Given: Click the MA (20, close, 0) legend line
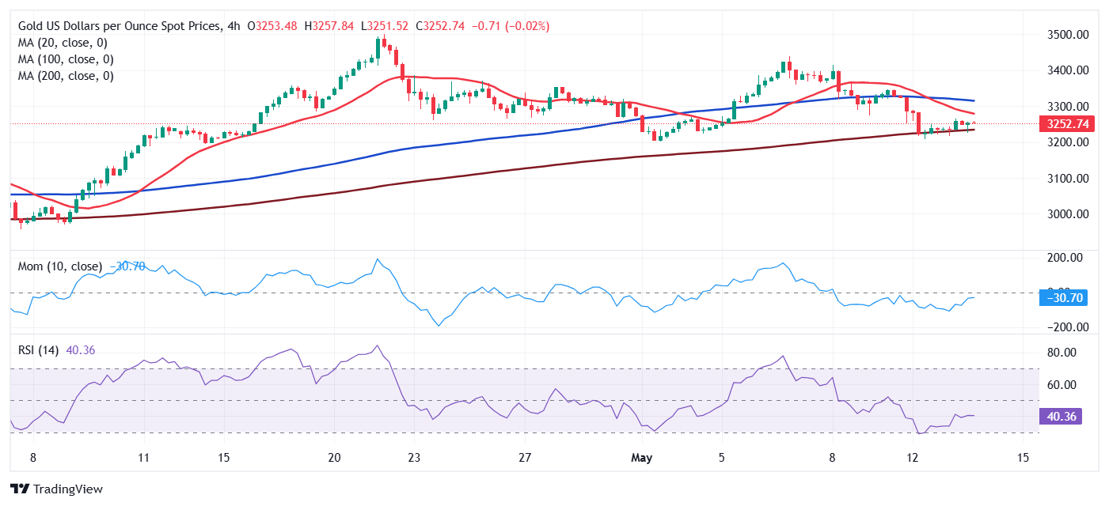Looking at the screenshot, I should tap(63, 43).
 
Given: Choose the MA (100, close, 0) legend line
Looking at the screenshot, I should tap(66, 59).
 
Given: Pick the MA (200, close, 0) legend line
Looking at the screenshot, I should tap(66, 76).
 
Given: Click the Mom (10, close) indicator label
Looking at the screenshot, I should tap(60, 266).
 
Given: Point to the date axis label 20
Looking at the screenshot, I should tap(334, 457).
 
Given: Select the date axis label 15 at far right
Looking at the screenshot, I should tap(1023, 457).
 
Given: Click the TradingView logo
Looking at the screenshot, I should tap(56, 489).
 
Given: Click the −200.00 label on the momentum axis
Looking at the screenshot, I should tap(1062, 327).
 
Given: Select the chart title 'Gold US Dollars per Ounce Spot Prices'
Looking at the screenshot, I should tap(118, 26).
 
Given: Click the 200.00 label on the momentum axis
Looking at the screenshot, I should tap(1064, 258).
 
